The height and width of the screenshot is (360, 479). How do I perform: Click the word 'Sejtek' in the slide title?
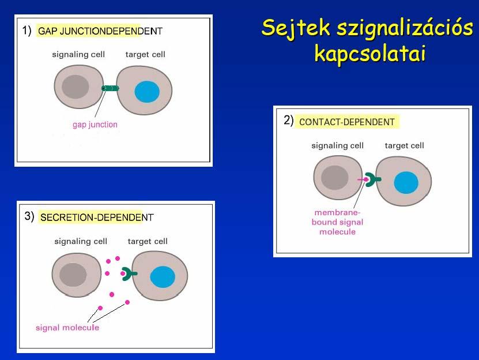(x=296, y=28)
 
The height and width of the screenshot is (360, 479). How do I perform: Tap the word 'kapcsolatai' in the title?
(x=370, y=53)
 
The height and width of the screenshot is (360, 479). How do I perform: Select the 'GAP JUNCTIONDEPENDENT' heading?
(x=100, y=31)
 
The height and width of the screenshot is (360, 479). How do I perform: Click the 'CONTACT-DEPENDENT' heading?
(x=347, y=122)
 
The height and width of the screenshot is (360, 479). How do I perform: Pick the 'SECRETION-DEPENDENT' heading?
(x=97, y=217)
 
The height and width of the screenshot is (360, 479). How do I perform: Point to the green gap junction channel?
(x=110, y=88)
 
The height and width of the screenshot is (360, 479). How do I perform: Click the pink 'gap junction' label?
(x=95, y=125)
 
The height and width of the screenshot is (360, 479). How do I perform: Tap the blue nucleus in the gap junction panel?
(x=147, y=92)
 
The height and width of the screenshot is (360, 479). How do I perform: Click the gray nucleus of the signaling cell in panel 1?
(x=76, y=87)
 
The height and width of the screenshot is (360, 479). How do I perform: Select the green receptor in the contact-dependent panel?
(x=372, y=179)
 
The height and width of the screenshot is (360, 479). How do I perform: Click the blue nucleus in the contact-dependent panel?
(x=406, y=183)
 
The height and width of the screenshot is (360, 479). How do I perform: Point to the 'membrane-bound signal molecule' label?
(x=338, y=222)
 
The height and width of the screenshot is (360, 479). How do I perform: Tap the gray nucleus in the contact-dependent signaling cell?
(x=335, y=178)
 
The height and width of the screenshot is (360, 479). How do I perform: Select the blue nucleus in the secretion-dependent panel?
(x=163, y=277)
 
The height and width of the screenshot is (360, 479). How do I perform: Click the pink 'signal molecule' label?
(x=67, y=328)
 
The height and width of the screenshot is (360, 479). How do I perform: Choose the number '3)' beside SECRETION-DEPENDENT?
(x=29, y=216)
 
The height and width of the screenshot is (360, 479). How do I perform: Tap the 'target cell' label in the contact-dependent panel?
(x=405, y=145)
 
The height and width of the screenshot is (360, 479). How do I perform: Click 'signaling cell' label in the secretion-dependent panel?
(x=81, y=241)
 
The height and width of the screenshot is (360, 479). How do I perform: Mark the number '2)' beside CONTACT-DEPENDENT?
(x=289, y=120)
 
